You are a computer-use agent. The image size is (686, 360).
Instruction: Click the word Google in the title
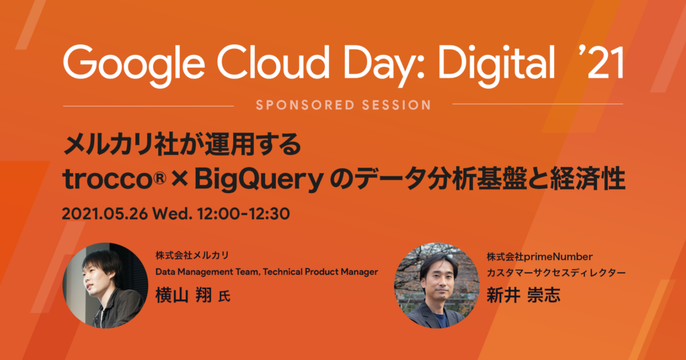tap(134, 65)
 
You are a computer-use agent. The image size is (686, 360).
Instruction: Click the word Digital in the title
tap(496, 65)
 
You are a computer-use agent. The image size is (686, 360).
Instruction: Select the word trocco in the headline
tap(109, 180)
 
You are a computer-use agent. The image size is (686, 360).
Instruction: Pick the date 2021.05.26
tap(105, 214)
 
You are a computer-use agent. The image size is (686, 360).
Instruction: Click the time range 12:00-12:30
tap(243, 214)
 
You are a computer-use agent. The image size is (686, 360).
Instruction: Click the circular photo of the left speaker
tap(105, 285)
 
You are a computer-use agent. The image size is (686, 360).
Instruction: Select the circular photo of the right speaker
tap(437, 285)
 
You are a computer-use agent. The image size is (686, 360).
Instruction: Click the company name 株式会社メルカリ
tap(192, 255)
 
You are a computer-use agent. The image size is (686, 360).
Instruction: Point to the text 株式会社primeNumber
tap(539, 257)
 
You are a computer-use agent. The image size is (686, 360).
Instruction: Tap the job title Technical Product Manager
tap(320, 272)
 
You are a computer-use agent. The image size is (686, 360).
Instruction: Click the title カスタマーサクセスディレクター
tap(556, 273)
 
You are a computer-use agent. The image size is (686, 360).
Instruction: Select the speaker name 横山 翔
tap(184, 295)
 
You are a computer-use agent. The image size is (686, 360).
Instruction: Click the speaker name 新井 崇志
tap(523, 295)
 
